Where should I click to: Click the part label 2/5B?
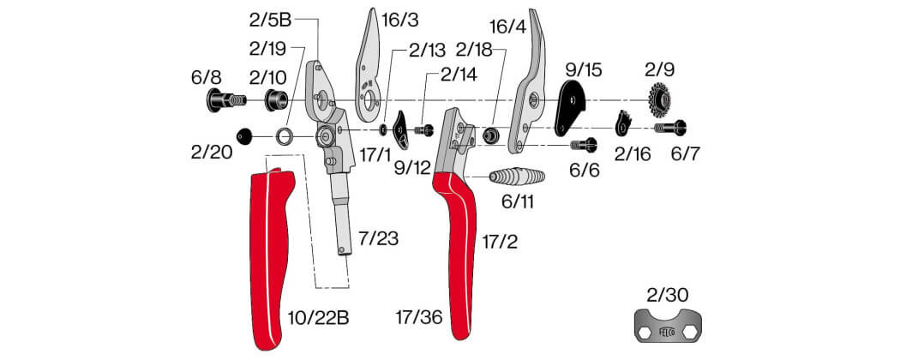(270, 21)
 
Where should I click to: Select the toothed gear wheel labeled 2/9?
(660, 100)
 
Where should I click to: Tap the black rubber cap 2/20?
(244, 136)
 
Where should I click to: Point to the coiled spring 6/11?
(516, 177)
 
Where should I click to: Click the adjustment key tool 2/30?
(669, 326)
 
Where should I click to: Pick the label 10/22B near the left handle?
(319, 317)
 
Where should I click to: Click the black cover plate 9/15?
(570, 107)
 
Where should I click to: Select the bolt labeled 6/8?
(225, 100)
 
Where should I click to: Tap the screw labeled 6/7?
(670, 128)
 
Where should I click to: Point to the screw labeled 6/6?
(585, 145)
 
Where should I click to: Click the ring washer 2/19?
(284, 136)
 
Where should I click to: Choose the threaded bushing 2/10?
(277, 100)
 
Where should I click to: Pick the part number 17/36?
(418, 317)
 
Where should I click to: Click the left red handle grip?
(270, 258)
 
